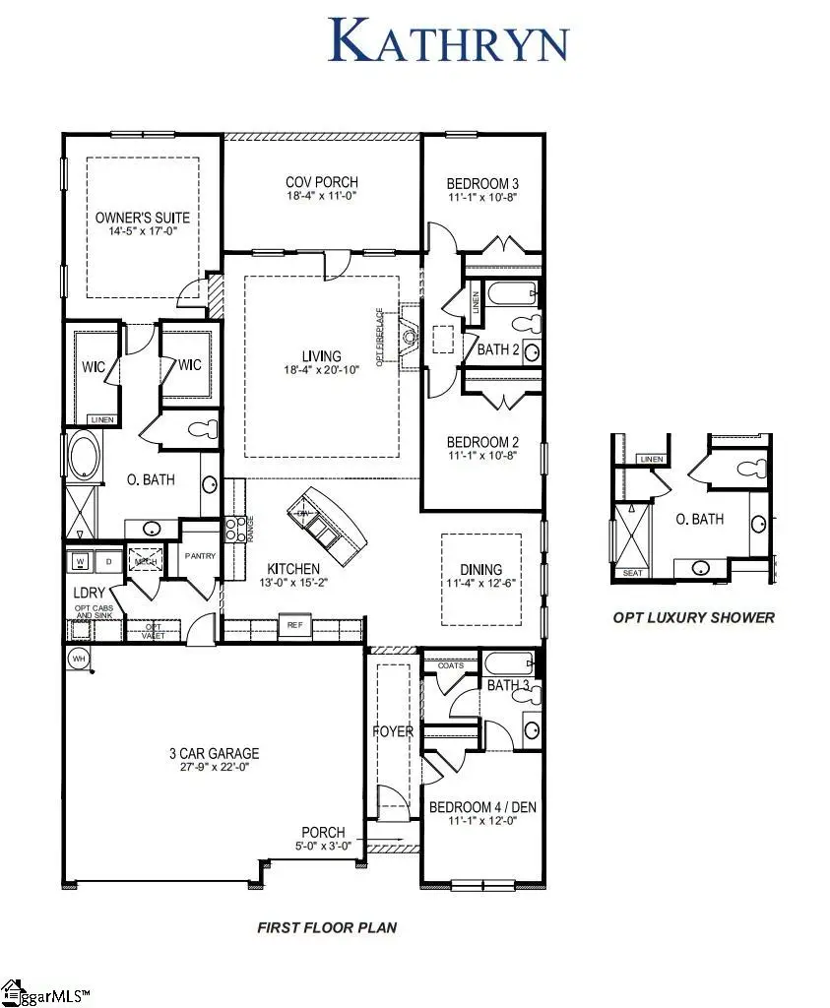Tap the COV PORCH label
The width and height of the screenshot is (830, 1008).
[x=321, y=182]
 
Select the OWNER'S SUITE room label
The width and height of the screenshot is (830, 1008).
[x=143, y=218]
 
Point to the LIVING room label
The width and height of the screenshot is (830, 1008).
[x=321, y=356]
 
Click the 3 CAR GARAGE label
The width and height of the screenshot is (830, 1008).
[x=213, y=754]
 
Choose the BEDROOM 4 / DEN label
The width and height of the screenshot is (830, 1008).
[x=482, y=808]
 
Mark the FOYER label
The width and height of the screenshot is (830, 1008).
[x=392, y=731]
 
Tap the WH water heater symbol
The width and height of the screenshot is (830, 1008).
[x=78, y=657]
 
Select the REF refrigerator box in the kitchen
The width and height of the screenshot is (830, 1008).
[x=293, y=625]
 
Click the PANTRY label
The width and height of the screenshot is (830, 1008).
[x=200, y=556]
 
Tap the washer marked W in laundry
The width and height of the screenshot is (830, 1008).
[x=78, y=560]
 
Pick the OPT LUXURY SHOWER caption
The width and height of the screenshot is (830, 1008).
[x=693, y=618]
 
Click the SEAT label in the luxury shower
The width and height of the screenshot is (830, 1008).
[x=628, y=572]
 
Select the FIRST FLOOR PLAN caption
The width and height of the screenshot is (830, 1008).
[x=326, y=927]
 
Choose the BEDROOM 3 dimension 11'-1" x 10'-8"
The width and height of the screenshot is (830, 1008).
[x=482, y=197]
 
